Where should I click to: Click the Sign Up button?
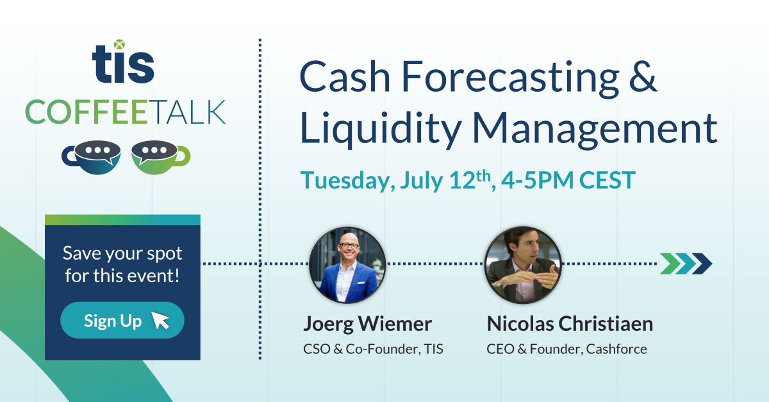pyautogui.click(x=122, y=320)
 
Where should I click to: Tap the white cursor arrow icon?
pyautogui.click(x=160, y=320)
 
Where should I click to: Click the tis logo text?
pyautogui.click(x=123, y=62)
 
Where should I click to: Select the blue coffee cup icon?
pyautogui.click(x=91, y=157)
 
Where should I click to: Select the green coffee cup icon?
pyautogui.click(x=161, y=157)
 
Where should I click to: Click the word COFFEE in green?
pyautogui.click(x=87, y=112)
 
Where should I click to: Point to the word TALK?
pyautogui.click(x=187, y=112)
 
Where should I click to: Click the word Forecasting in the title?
pyautogui.click(x=510, y=78)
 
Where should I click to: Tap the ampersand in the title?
pyautogui.click(x=643, y=76)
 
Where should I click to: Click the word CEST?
pyautogui.click(x=608, y=180)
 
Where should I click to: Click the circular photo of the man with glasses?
pyautogui.click(x=347, y=265)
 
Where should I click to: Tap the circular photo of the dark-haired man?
pyautogui.click(x=523, y=265)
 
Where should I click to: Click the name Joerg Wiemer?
pyautogui.click(x=367, y=324)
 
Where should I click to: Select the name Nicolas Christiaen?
pyautogui.click(x=570, y=324)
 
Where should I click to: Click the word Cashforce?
pyautogui.click(x=616, y=349)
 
